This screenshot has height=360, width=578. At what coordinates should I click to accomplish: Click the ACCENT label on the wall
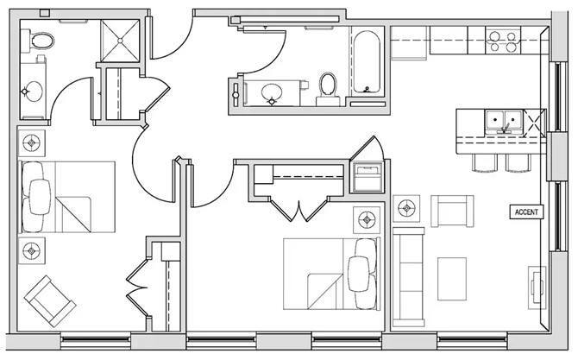click(x=526, y=212)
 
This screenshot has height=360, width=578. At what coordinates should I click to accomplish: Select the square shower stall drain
click(x=120, y=41)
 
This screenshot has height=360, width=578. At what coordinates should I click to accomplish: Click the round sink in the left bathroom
click(x=33, y=92)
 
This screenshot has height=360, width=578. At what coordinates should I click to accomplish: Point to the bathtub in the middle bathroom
click(x=367, y=62)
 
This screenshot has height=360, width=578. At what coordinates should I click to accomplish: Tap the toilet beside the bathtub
click(x=328, y=89)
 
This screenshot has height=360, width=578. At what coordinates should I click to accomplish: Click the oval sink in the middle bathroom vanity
click(x=271, y=92)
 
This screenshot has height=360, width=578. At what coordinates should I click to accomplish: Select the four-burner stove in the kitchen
click(x=503, y=41)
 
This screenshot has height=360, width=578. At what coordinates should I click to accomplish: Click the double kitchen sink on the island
click(x=503, y=122)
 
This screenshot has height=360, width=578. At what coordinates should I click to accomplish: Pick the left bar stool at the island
click(x=484, y=162)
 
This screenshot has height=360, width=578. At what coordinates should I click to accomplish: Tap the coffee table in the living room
click(x=452, y=279)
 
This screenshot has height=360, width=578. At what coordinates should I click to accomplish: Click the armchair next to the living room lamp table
click(x=452, y=211)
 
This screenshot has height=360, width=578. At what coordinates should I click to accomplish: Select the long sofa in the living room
click(x=408, y=277)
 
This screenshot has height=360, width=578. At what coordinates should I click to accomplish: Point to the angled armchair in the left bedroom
click(x=50, y=301)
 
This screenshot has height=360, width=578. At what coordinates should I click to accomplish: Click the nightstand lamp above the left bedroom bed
click(x=31, y=142)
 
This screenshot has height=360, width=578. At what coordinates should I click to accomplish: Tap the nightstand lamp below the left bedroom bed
click(x=31, y=251)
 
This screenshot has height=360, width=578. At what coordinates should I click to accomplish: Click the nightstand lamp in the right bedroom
click(x=367, y=220)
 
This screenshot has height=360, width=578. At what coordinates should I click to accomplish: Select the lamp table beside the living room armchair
click(x=406, y=208)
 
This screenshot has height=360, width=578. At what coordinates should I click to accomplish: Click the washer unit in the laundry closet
click(x=368, y=178)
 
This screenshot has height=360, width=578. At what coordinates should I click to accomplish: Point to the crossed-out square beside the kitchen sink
click(x=534, y=122)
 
